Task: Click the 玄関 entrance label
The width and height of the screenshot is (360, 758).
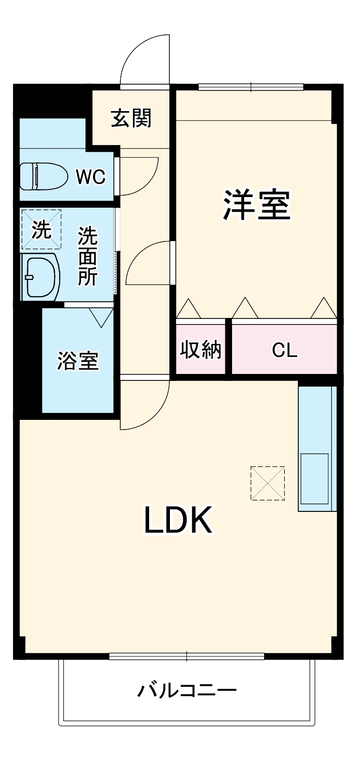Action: point(131,118)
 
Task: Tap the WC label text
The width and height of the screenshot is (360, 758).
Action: point(91,176)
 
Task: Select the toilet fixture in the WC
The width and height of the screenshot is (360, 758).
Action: point(43,176)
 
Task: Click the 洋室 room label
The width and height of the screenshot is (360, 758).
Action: point(256,205)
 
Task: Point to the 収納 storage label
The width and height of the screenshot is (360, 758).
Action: point(201,350)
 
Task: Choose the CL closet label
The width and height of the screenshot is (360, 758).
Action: point(285,351)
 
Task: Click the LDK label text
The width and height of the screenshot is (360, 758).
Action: point(178,520)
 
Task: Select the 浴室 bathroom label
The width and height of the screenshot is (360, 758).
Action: point(77,361)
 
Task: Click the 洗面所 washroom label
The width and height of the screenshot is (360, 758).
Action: point(87,257)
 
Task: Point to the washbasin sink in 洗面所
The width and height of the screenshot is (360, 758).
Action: point(40,277)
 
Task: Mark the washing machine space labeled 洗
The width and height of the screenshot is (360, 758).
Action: point(41,229)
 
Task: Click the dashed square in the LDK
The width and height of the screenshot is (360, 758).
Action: point(267,483)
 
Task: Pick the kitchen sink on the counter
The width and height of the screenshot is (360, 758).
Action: point(314,478)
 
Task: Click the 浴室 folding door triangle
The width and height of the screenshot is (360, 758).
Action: point(101,317)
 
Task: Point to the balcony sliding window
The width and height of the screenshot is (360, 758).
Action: point(187,656)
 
